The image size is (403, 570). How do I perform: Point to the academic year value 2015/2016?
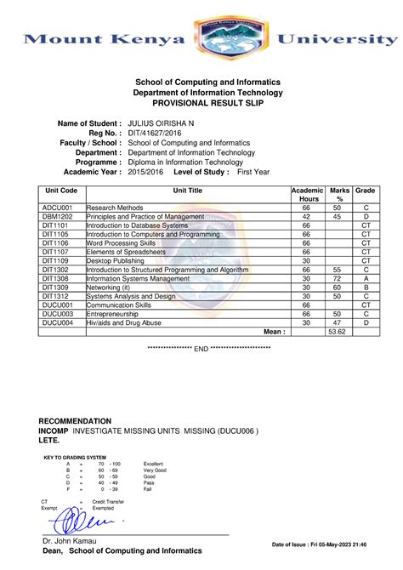145,171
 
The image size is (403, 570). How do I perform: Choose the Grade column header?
366,191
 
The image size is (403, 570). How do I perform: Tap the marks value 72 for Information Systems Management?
338,278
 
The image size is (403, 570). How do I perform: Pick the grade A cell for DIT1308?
366,278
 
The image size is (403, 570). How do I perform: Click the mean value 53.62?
338,332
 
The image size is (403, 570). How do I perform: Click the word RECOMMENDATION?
76,421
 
